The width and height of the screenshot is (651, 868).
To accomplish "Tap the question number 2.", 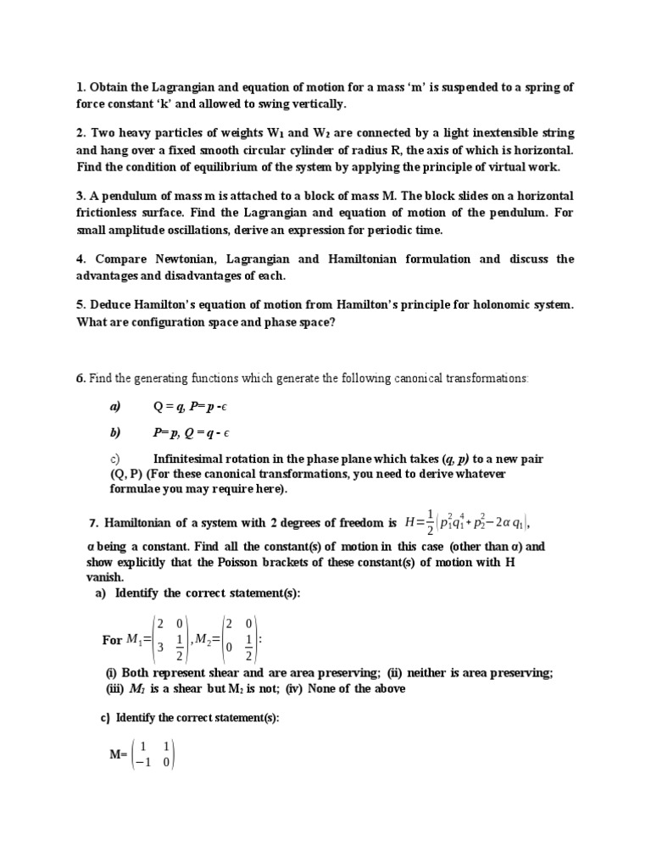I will click(x=80, y=133).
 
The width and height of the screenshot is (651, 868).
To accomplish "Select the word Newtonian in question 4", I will click(x=192, y=259).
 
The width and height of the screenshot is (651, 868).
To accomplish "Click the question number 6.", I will click(x=80, y=378).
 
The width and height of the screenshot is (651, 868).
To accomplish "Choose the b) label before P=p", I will click(x=115, y=433).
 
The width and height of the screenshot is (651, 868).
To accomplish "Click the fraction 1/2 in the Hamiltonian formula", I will click(x=431, y=523).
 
